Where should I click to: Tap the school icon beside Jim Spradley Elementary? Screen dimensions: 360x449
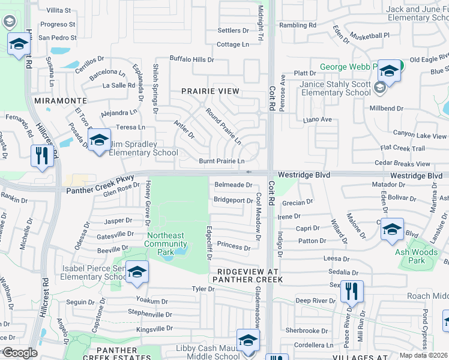point(99,141)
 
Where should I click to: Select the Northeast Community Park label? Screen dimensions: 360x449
point(166,239)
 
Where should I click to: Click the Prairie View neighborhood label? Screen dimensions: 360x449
point(210,91)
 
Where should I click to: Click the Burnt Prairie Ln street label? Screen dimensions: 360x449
point(221,161)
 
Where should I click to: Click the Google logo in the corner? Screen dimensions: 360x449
point(20,353)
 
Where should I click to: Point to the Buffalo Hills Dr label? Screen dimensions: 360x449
point(191,59)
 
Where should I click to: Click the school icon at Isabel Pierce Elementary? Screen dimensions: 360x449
point(137,272)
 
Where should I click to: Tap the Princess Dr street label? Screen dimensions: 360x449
point(234,246)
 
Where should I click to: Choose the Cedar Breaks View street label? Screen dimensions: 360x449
point(402,164)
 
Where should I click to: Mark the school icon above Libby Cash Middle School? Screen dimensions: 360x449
point(248,340)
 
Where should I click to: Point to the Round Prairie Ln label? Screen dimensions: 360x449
point(223,126)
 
